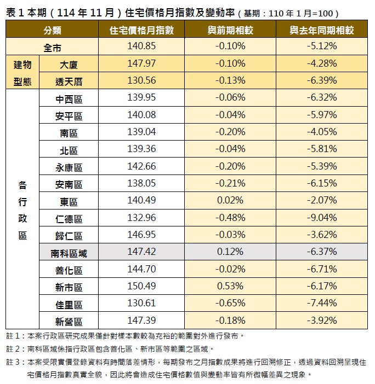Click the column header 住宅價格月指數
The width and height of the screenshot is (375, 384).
(x=141, y=31)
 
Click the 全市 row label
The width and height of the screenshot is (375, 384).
(x=53, y=47)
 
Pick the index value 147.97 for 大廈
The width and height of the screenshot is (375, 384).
(x=141, y=64)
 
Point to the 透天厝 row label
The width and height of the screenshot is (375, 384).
(x=69, y=81)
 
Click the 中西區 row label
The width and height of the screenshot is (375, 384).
(x=69, y=98)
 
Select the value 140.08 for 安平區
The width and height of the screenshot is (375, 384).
(x=141, y=115)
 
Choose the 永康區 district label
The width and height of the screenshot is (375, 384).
(x=69, y=167)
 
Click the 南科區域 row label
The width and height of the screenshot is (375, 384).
(x=69, y=252)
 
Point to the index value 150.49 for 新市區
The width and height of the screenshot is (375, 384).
(x=141, y=287)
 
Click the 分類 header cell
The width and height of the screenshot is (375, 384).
(x=53, y=31)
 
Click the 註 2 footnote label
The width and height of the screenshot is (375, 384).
(x=15, y=348)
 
